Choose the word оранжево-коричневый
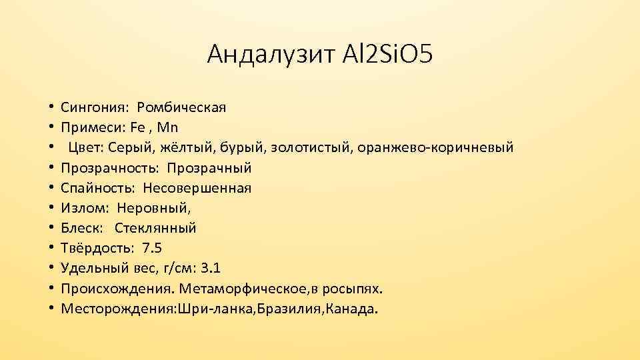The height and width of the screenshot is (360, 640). pos(447,147)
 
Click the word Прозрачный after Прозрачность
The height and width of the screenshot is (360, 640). pos(209,168)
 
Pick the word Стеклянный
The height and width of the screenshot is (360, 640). pos(155,229)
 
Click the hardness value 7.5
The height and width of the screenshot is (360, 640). pos(151,249)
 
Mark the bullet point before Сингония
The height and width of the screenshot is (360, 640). pos(51,107)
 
